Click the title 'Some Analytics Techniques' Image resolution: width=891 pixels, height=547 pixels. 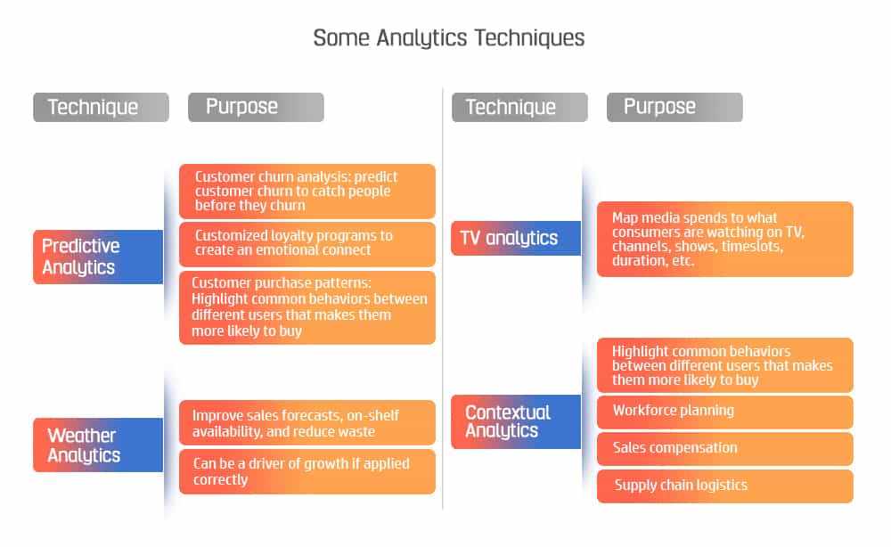tap(448, 38)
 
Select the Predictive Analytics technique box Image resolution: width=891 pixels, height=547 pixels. tap(98, 257)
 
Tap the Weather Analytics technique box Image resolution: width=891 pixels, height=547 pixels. tap(98, 445)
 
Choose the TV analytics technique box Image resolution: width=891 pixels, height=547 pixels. tap(516, 238)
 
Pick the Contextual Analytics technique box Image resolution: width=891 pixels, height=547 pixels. tap(516, 421)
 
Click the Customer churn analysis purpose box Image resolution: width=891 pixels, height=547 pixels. tap(307, 192)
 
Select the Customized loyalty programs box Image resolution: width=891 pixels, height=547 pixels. tap(307, 244)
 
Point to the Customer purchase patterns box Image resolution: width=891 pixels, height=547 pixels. tap(307, 307)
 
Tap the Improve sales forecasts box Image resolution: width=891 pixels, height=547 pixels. tap(307, 422)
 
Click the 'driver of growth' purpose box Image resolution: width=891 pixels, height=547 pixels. tap(307, 471)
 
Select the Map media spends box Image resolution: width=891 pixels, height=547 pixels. tap(725, 239)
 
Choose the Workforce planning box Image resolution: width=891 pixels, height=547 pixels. tap(725, 412)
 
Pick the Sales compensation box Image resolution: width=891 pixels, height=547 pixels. tap(725, 449)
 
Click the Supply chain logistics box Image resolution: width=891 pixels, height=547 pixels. tap(725, 486)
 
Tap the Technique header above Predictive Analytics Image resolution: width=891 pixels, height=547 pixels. tap(102, 108)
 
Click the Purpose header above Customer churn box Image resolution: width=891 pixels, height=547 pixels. tap(257, 108)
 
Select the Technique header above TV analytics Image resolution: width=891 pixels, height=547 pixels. tap(520, 108)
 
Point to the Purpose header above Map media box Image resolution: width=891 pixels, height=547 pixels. tap(675, 108)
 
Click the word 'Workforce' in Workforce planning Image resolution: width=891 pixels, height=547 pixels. tap(642, 410)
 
